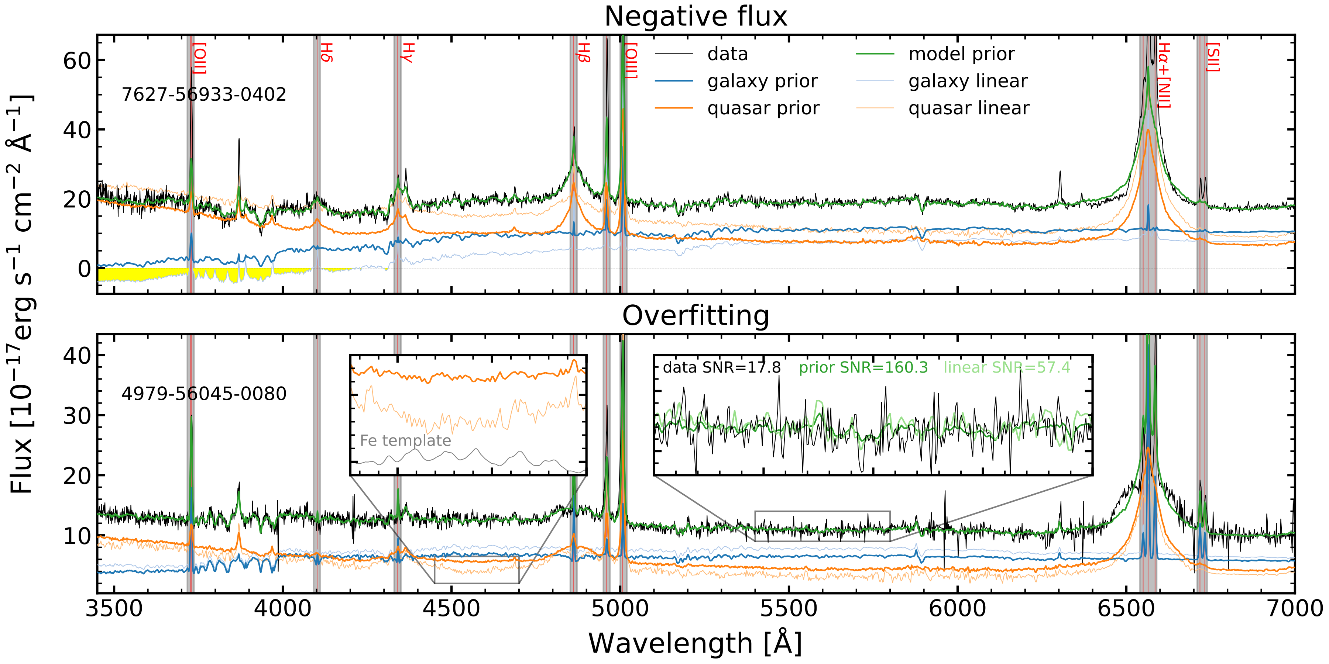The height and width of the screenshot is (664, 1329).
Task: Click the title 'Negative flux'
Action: pos(696,17)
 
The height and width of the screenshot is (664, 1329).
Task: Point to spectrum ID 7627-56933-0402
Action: pos(204,95)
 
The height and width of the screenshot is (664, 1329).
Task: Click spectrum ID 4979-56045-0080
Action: pos(204,394)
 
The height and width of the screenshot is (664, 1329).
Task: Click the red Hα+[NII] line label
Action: pos(1164,75)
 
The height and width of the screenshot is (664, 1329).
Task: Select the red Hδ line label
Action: pos(327,53)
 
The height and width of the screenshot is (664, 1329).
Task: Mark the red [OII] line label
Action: pos(200,58)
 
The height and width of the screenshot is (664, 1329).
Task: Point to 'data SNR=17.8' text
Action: pos(721,367)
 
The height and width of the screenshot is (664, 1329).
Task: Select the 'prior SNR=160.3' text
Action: pos(863,367)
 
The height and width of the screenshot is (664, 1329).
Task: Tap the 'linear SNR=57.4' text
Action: pos(1007,367)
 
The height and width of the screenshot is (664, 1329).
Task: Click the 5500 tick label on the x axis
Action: pos(789,609)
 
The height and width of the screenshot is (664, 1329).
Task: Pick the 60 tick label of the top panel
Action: pos(77,61)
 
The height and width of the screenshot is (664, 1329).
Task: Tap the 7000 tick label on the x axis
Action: pos(1294,609)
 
